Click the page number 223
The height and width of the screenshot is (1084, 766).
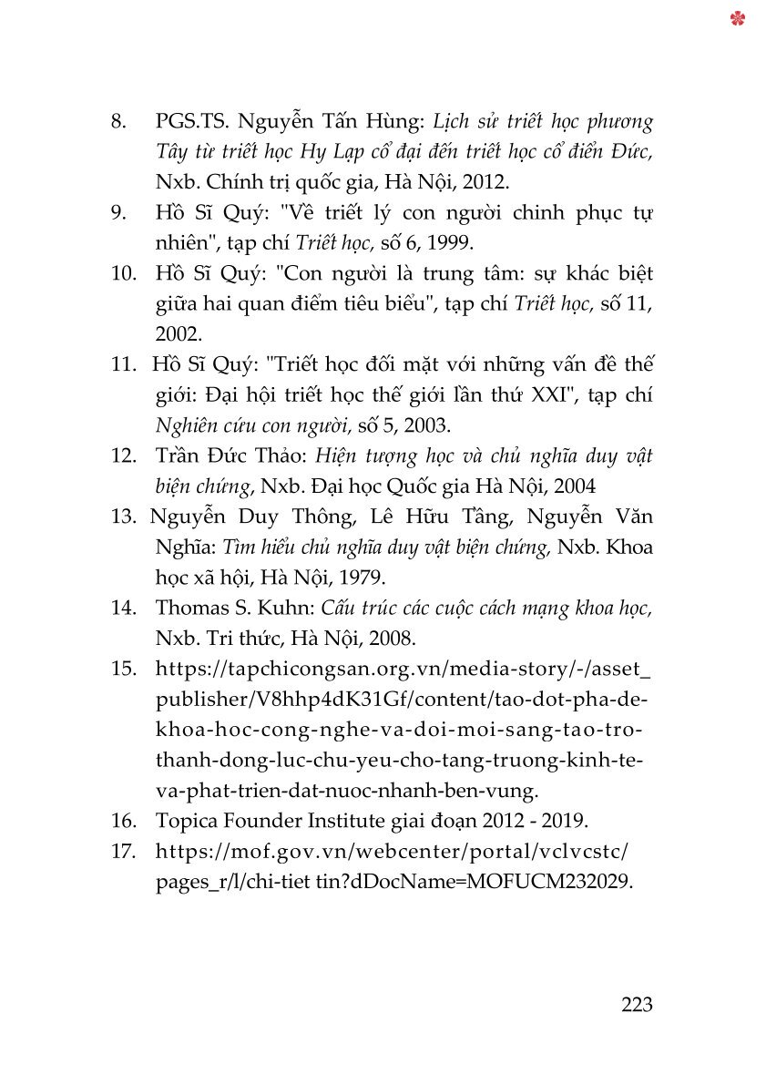tap(637, 1005)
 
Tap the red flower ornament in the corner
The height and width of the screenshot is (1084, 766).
tap(738, 18)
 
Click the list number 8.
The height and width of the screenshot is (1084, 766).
tap(118, 121)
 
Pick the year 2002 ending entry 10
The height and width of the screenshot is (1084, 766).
tap(172, 333)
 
